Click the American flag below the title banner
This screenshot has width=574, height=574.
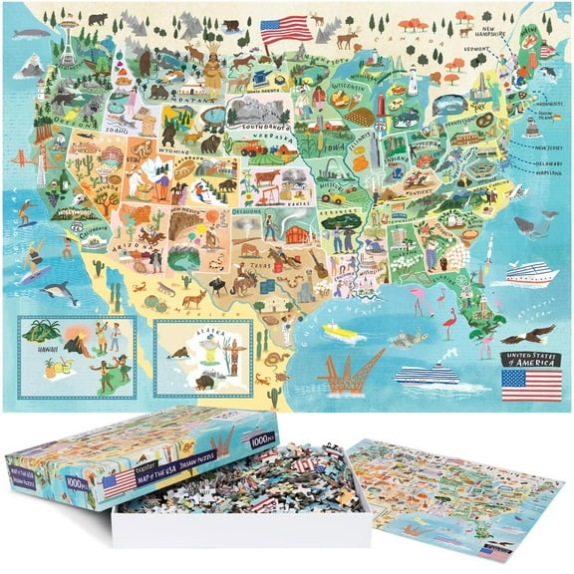pyautogui.click(x=531, y=385)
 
